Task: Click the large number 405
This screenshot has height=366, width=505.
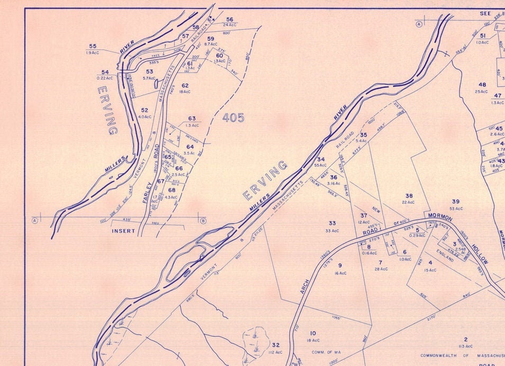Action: tap(233, 118)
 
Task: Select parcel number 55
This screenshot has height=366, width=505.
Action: tap(93, 46)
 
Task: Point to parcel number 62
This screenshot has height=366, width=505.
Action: tap(185, 85)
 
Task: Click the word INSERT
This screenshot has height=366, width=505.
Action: tap(123, 231)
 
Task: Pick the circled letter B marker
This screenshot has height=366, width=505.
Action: tap(203, 221)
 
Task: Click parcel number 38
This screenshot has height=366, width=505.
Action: tap(409, 196)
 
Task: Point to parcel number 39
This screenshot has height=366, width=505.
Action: tap(456, 201)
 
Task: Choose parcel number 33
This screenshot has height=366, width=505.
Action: tap(332, 223)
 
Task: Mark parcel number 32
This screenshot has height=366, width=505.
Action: tap(275, 345)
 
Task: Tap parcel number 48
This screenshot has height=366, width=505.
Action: tap(482, 84)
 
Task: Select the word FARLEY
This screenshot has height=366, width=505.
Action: tap(147, 194)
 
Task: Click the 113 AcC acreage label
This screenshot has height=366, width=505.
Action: tap(465, 346)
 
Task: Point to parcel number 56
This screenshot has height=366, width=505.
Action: tap(229, 19)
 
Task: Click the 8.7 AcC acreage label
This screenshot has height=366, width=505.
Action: tap(211, 45)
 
